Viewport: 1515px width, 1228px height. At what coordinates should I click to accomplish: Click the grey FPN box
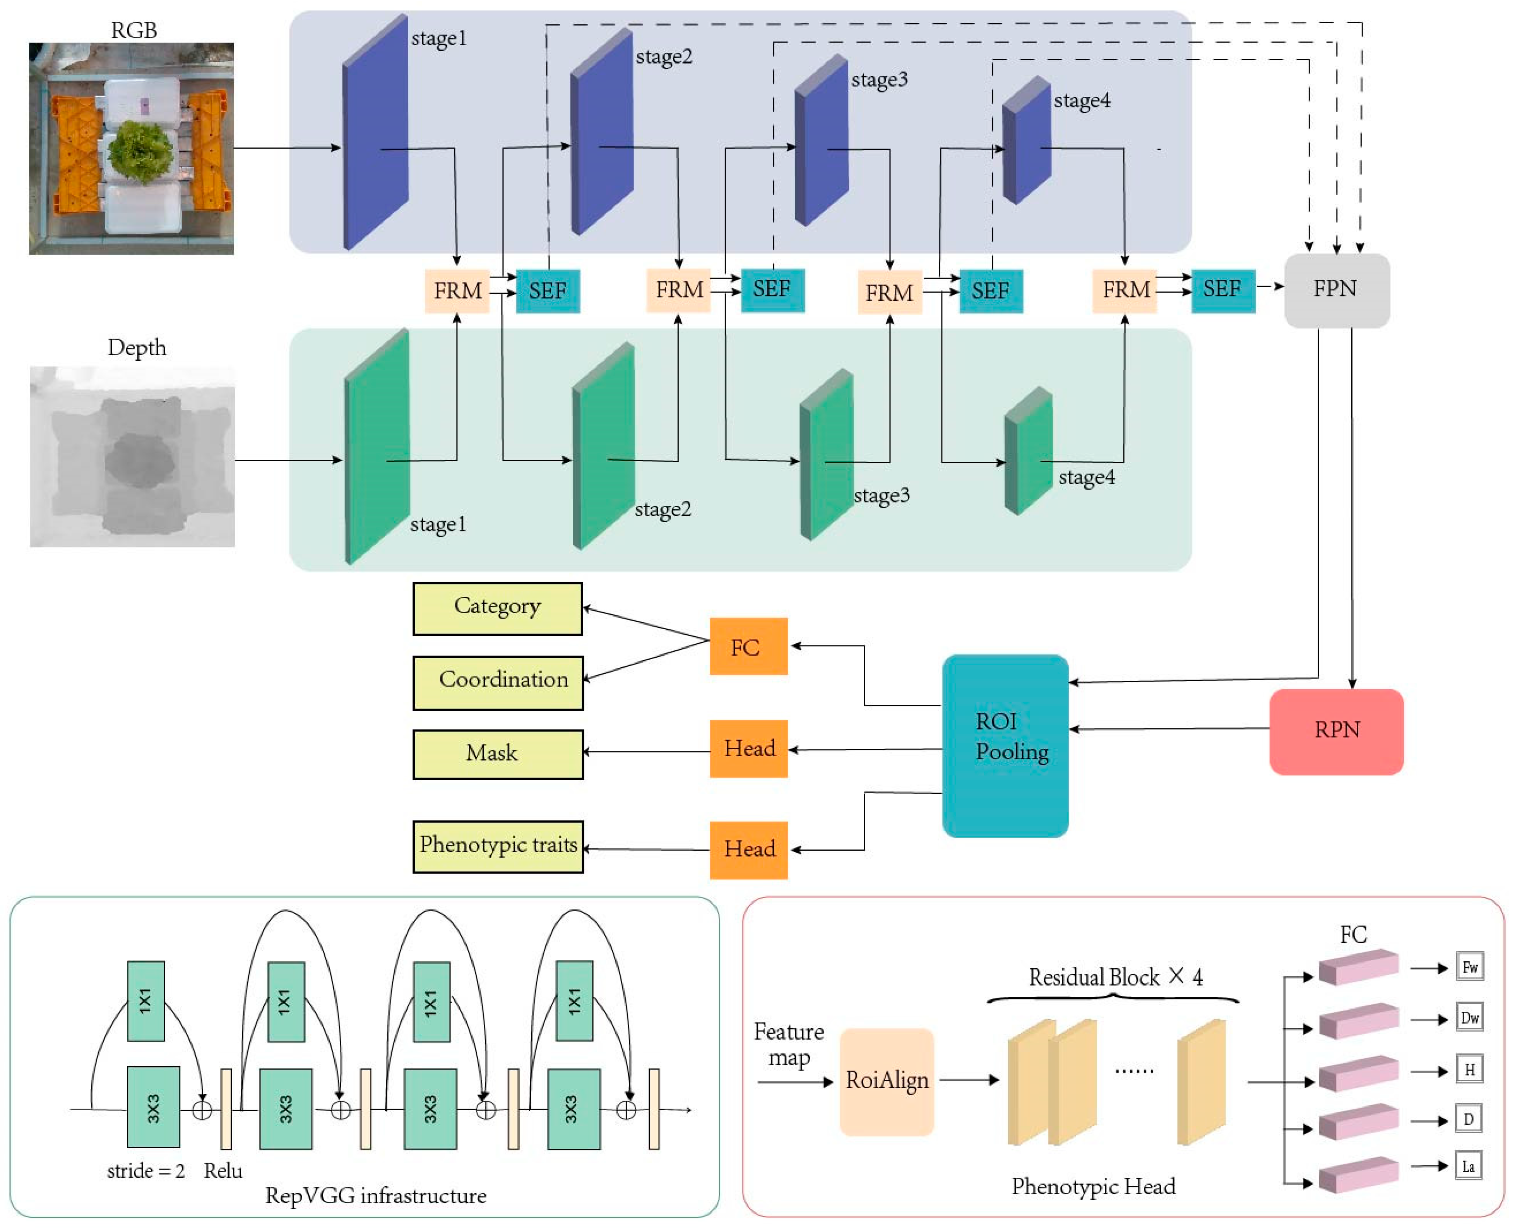(x=1335, y=290)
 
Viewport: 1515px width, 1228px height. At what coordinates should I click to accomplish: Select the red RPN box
(x=1335, y=731)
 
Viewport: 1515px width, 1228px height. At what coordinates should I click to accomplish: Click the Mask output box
(x=497, y=754)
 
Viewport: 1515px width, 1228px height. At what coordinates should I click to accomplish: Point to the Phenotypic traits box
(x=497, y=846)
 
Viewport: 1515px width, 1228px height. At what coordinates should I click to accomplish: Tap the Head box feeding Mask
(x=748, y=748)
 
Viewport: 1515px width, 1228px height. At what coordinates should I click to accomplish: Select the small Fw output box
(x=1469, y=967)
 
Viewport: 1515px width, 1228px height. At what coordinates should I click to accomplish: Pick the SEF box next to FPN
(x=1222, y=290)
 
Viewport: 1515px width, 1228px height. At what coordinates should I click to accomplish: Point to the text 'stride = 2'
(x=146, y=1171)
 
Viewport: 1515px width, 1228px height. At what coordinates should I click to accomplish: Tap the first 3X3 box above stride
(x=153, y=1106)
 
